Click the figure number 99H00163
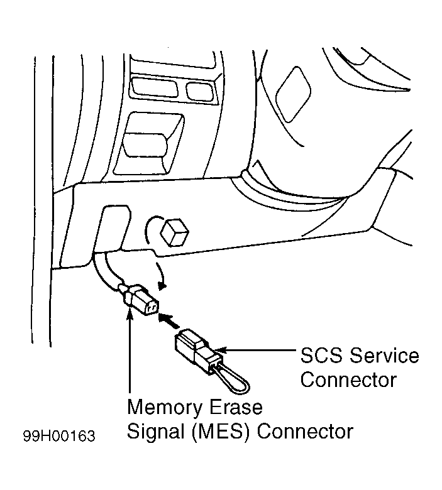(60, 436)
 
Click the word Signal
(157, 432)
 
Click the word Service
(384, 356)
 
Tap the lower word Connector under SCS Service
(348, 379)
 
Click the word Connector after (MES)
(306, 432)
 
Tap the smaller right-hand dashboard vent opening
(201, 89)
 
